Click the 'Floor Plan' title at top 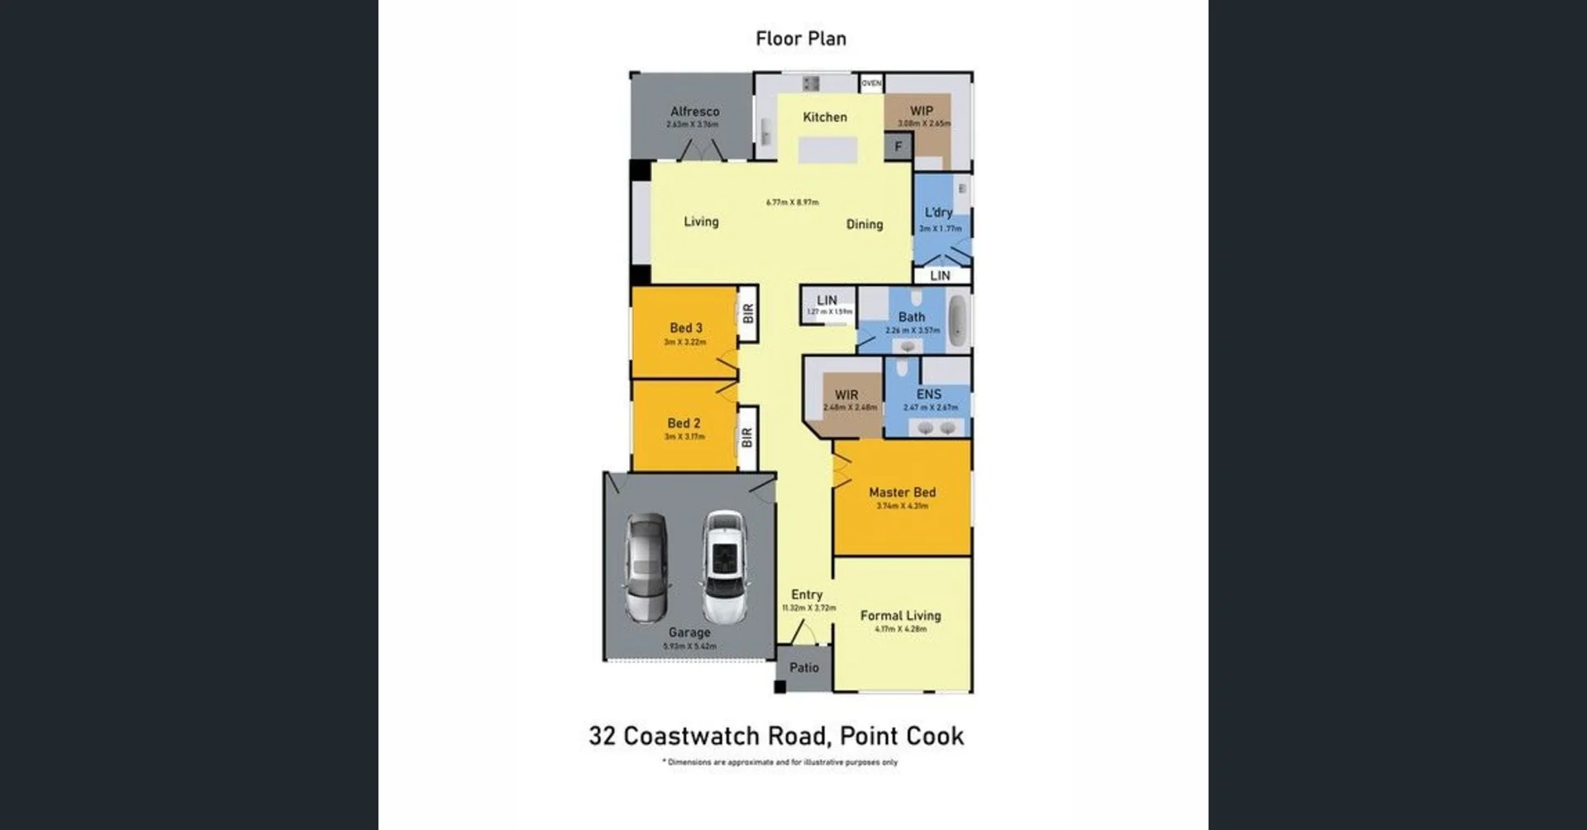[x=800, y=39]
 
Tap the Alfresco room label [x=694, y=112]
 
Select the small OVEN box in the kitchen [x=871, y=83]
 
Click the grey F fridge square [x=898, y=147]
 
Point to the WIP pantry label [x=922, y=111]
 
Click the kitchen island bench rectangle [x=827, y=150]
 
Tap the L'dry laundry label [x=938, y=212]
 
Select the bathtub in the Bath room [x=957, y=320]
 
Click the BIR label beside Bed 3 [x=748, y=314]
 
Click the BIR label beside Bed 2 [x=747, y=438]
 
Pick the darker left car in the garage [x=646, y=567]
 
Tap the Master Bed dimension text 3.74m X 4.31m [x=902, y=506]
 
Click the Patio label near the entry [x=803, y=668]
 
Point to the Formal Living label [x=900, y=616]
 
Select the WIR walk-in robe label [x=846, y=395]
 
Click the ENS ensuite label [x=928, y=394]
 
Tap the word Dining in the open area [x=864, y=224]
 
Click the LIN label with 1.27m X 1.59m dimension [x=827, y=300]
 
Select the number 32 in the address [x=602, y=736]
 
